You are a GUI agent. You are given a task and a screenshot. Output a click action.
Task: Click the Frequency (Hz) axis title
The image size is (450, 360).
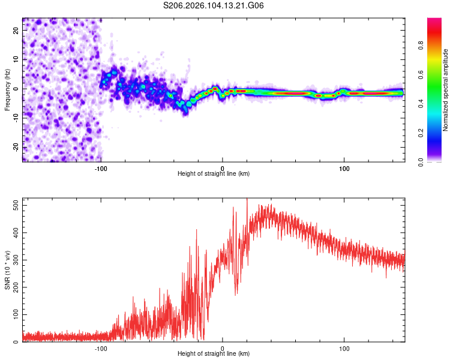coord(7,89)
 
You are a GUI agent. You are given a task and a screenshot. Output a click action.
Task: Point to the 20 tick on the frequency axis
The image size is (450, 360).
coord(16,31)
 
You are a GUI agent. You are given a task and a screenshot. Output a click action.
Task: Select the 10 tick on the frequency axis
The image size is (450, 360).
coord(16,60)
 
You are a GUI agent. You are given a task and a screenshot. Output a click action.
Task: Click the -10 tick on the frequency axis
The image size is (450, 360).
coord(16,118)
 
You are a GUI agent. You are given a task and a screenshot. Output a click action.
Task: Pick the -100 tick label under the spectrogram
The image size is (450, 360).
coord(101,169)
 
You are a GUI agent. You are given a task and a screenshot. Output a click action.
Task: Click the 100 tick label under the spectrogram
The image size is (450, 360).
coord(344,169)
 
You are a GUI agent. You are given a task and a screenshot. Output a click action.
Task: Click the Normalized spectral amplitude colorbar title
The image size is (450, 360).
coord(446,90)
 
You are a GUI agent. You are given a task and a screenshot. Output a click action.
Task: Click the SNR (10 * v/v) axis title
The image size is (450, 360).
coord(7,269)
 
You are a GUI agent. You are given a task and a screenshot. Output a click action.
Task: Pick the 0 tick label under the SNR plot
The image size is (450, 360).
coord(223,349)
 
